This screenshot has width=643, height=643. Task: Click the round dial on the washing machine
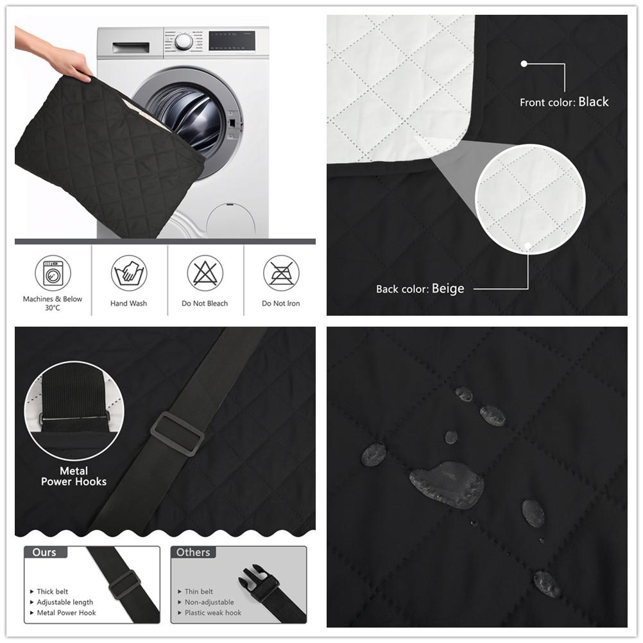tap(184, 42)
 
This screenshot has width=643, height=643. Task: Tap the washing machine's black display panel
tap(232, 41)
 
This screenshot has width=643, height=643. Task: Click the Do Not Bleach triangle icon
tap(205, 273)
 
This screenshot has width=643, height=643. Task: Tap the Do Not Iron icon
tap(281, 273)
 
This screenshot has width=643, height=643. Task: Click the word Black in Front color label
tap(593, 101)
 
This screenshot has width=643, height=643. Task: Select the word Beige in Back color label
tap(447, 289)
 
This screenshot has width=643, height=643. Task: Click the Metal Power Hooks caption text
tap(74, 476)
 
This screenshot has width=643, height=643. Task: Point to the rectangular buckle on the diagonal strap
tap(177, 433)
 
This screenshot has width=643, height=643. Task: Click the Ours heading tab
tap(44, 552)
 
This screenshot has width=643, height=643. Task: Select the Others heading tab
tap(193, 552)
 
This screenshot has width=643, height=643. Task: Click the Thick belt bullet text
tap(52, 592)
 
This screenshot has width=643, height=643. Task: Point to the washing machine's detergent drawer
tap(130, 47)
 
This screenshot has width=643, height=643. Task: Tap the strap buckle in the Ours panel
tap(124, 584)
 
